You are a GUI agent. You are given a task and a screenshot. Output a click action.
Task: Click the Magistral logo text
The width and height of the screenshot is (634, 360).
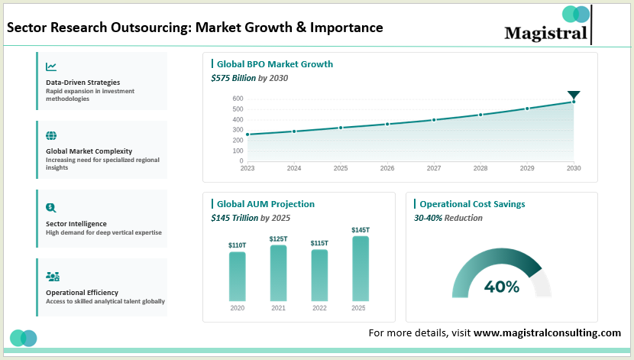pyautogui.click(x=545, y=33)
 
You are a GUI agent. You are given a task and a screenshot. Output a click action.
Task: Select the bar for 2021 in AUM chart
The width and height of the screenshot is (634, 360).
pyautogui.click(x=278, y=273)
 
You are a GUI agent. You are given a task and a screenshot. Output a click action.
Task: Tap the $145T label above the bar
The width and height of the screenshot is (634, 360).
pyautogui.click(x=361, y=230)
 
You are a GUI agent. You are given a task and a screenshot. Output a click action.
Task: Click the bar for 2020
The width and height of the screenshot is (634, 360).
pyautogui.click(x=238, y=276)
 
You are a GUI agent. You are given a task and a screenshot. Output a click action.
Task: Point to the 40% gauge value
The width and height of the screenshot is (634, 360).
pyautogui.click(x=501, y=287)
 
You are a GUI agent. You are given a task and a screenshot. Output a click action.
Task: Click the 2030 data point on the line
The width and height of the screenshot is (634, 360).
pyautogui.click(x=574, y=102)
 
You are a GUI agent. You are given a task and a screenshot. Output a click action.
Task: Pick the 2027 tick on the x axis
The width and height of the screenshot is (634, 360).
pyautogui.click(x=433, y=168)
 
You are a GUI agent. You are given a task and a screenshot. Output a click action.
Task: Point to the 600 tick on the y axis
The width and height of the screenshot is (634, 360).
pyautogui.click(x=238, y=99)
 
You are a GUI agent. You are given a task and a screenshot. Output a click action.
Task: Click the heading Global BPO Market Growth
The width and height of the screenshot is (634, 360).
pyautogui.click(x=275, y=64)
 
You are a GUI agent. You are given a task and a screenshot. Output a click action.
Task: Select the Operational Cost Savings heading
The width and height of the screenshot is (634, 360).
pyautogui.click(x=472, y=204)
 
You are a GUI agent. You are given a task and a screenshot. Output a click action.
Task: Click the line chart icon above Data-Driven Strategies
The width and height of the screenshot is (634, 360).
pyautogui.click(x=51, y=67)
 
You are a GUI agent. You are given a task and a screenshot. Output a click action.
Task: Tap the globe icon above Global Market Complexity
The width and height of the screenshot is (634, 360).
pyautogui.click(x=51, y=136)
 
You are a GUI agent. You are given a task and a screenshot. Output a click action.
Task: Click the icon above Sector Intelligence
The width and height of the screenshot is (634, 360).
pyautogui.click(x=51, y=207)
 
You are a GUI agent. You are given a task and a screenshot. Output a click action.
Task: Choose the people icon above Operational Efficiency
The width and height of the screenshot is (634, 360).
pyautogui.click(x=53, y=276)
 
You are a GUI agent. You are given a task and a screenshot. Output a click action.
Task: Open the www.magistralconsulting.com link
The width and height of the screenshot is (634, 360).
pyautogui.click(x=547, y=333)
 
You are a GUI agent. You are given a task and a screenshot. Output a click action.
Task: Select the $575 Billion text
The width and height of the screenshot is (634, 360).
pyautogui.click(x=233, y=78)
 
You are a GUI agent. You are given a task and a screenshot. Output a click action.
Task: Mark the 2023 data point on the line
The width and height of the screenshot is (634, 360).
pyautogui.click(x=247, y=135)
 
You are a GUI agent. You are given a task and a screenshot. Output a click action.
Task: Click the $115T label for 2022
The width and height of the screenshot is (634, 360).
pyautogui.click(x=319, y=243)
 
